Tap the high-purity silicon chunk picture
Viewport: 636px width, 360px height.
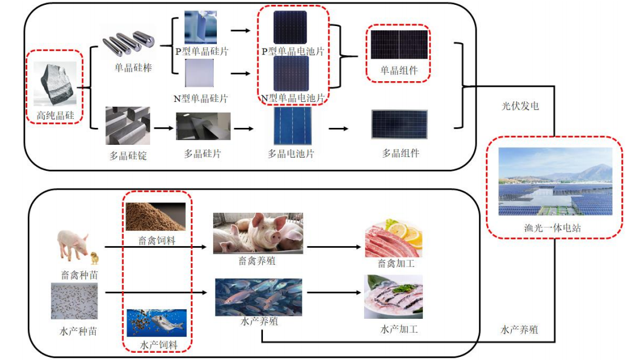click(55, 83)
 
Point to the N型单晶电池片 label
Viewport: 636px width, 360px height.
click(293, 98)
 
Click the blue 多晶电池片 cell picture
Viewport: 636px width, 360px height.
click(293, 126)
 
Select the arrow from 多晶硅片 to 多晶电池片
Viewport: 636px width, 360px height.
click(243, 128)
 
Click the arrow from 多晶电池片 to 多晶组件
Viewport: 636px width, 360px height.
click(339, 128)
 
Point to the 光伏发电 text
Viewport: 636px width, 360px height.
click(520, 106)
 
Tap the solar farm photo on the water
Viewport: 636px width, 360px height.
click(555, 181)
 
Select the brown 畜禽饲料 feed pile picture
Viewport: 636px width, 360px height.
click(155, 216)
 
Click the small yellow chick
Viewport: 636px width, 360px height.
click(94, 259)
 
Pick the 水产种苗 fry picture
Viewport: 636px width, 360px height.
click(74, 301)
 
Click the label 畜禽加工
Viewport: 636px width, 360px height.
click(396, 264)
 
